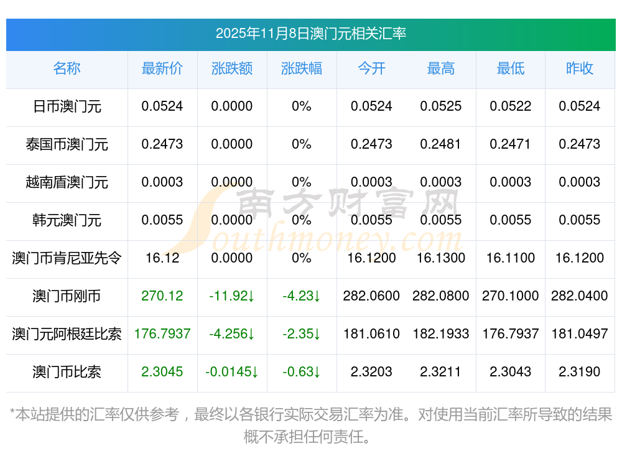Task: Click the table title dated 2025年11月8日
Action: pos(310,34)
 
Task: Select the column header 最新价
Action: pos(162,68)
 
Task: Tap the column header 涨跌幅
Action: pos(302,68)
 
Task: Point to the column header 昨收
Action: pos(580,68)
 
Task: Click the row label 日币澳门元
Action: pos(67,106)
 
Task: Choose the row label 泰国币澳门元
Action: pos(67,144)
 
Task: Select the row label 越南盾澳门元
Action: pos(67,182)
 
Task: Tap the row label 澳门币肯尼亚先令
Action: pos(67,258)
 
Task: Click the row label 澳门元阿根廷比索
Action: pos(67,333)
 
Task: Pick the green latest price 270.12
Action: pos(162,295)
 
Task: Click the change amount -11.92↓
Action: pos(232,295)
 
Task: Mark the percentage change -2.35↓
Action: pos(302,333)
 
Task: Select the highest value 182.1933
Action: pos(441,333)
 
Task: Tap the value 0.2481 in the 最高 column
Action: pos(441,144)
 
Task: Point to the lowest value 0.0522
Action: pos(511,106)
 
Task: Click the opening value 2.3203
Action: pos(371,371)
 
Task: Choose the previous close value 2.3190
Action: pos(580,371)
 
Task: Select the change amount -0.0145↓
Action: pos(232,371)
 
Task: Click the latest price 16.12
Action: pos(162,258)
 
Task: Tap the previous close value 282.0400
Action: pos(580,295)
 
